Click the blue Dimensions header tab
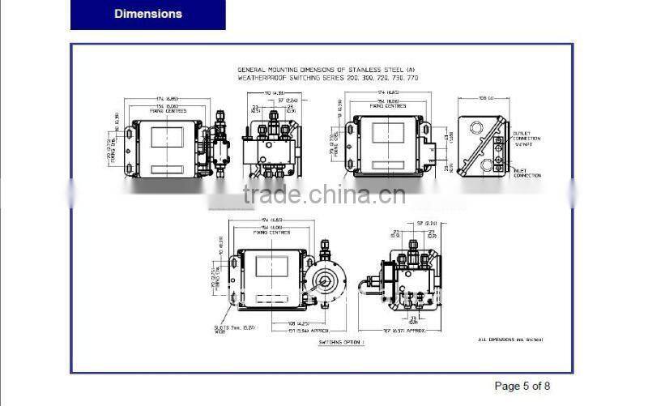point(148,15)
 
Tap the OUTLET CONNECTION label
point(526,138)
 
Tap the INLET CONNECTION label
point(526,173)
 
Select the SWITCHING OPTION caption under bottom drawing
point(341,343)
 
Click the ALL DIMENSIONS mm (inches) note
point(510,340)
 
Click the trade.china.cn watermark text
point(324,195)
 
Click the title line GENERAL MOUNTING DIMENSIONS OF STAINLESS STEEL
point(325,71)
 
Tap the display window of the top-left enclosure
point(167,137)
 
